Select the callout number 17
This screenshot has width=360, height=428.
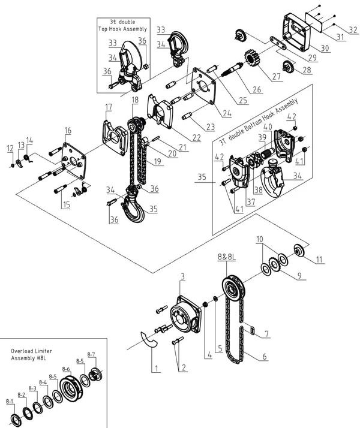point(108,107)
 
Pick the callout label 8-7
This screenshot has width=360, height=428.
point(91,354)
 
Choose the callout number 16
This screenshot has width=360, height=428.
point(68,130)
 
